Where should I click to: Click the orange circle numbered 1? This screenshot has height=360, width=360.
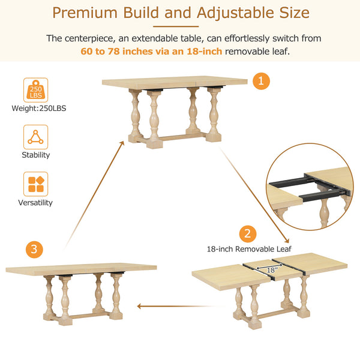click(x=261, y=81)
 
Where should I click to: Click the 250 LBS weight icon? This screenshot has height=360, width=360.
click(x=35, y=90)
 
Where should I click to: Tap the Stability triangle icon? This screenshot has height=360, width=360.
click(x=35, y=137)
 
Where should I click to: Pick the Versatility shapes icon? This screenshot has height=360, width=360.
click(x=35, y=184)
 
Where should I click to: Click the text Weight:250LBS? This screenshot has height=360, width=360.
click(x=36, y=109)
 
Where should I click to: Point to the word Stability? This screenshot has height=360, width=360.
click(x=36, y=155)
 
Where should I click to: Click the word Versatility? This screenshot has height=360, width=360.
click(x=36, y=203)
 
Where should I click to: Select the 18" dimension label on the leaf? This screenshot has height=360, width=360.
click(x=272, y=271)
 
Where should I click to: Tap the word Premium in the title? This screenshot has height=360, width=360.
click(x=91, y=13)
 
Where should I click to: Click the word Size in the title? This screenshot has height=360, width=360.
click(x=293, y=13)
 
